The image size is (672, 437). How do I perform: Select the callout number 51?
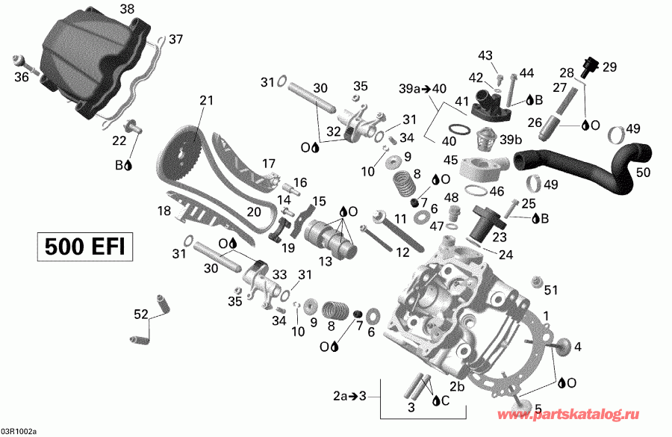551,290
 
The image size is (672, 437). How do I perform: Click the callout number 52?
140,315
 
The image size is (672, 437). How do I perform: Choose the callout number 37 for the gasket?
175,39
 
